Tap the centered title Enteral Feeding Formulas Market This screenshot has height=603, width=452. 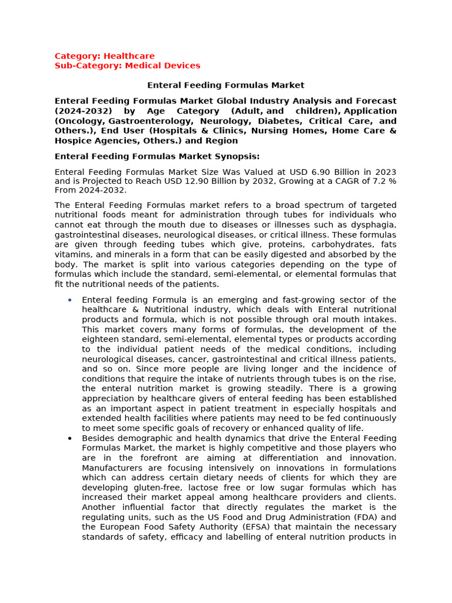[x=225, y=85]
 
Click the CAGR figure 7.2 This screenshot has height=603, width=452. [x=377, y=181]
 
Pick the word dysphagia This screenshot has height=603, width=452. [x=373, y=225]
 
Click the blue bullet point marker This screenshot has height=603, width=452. [x=69, y=300]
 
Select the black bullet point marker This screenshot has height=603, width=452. [x=69, y=438]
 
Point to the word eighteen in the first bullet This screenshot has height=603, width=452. [x=101, y=339]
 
